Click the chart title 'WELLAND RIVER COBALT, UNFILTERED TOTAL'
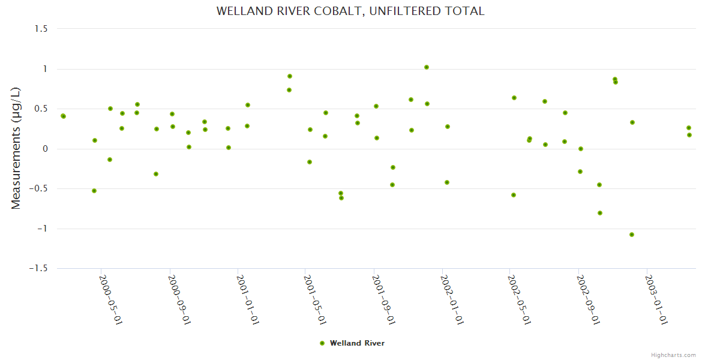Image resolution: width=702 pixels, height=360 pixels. pyautogui.click(x=350, y=11)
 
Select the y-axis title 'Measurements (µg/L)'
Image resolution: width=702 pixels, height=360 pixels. pyautogui.click(x=16, y=148)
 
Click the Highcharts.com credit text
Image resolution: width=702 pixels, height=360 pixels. pyautogui.click(x=673, y=355)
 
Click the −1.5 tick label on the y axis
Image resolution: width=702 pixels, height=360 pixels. pyautogui.click(x=40, y=269)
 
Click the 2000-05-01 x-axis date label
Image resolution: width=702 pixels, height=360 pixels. pyautogui.click(x=110, y=300)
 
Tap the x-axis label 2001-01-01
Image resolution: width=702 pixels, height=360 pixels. pyautogui.click(x=247, y=300)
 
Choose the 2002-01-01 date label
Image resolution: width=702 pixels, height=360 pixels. pyautogui.click(x=451, y=300)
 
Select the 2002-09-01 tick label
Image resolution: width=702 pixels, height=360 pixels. pyautogui.click(x=587, y=300)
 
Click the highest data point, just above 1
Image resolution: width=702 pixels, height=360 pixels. pyautogui.click(x=427, y=67)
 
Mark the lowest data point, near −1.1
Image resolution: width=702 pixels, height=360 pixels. pyautogui.click(x=632, y=235)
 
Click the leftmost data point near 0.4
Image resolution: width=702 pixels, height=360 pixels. pyautogui.click(x=63, y=116)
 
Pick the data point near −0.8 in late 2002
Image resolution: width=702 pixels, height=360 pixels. pyautogui.click(x=600, y=213)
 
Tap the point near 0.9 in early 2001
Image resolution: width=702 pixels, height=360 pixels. pyautogui.click(x=290, y=76)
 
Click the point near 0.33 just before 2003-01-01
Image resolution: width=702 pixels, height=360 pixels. pyautogui.click(x=632, y=122)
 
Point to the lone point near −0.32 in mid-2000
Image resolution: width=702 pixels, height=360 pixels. pyautogui.click(x=156, y=174)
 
